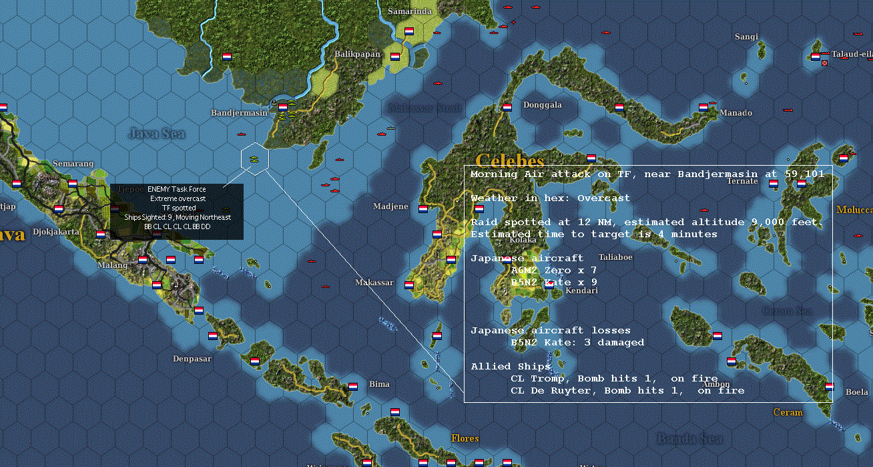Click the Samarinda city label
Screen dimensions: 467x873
coord(410,11)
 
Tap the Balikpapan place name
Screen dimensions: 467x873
coord(357,54)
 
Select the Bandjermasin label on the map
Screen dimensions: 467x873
coord(239,113)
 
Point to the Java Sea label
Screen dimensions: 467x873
coord(157,134)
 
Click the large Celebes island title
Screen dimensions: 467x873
coord(510,161)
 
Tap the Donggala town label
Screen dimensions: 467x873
coord(542,105)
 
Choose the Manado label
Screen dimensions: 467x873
coord(736,113)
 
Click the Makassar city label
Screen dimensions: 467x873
coord(374,283)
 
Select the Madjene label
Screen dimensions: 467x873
coord(390,206)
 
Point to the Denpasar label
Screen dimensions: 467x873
coord(192,359)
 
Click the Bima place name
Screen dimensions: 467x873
coord(379,383)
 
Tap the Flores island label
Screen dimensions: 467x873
coord(465,438)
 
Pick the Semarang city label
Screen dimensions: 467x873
coord(73,164)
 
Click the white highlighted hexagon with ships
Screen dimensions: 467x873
coord(254,159)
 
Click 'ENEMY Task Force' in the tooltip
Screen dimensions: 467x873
coord(177,190)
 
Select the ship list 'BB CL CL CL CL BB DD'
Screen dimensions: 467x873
coord(177,226)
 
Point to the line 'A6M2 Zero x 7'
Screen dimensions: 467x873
coord(553,270)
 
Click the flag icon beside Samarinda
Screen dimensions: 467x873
coord(409,31)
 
